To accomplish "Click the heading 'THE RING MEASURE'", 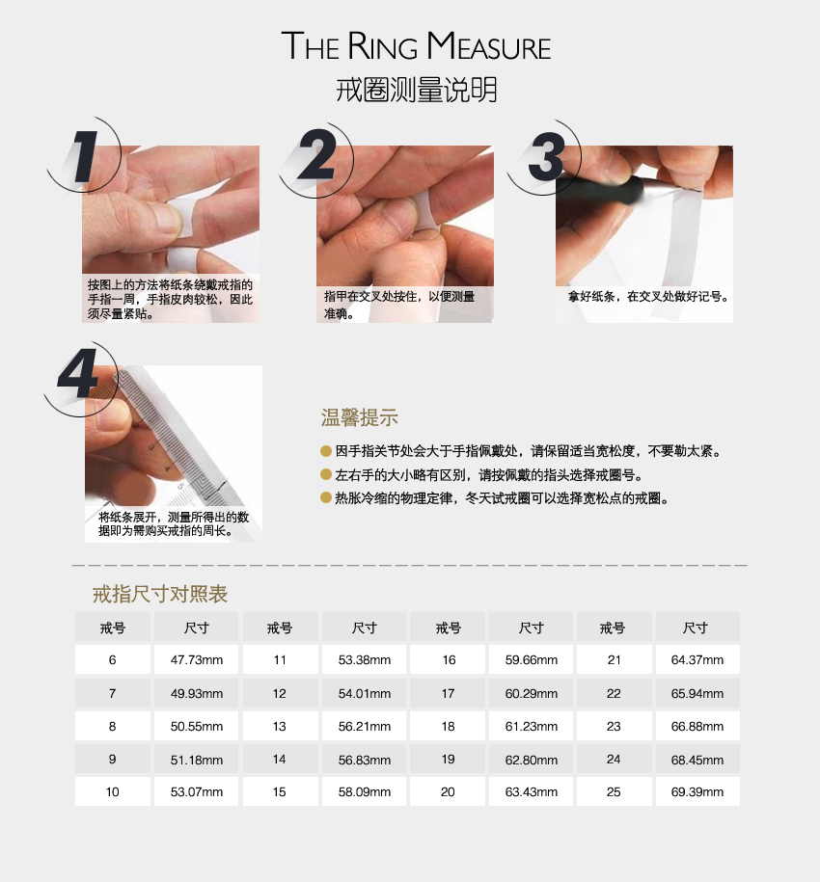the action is (x=416, y=45).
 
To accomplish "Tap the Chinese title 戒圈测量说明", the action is (x=417, y=90).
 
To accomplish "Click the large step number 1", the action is (x=85, y=157).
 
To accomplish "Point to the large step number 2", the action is (x=317, y=154).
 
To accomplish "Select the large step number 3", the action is (x=546, y=157).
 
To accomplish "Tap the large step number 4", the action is (x=78, y=372).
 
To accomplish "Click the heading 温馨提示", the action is (x=360, y=418).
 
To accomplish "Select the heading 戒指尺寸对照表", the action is (x=160, y=594).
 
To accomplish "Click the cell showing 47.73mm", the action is (x=197, y=659).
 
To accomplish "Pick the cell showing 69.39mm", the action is (x=697, y=792).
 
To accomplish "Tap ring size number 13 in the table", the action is (x=280, y=726).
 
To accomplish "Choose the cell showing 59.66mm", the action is (x=532, y=659).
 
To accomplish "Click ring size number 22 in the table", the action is (x=614, y=694).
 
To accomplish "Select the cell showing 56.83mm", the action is (x=364, y=760).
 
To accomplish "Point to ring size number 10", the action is (x=113, y=792).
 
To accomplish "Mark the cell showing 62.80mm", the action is (x=532, y=760).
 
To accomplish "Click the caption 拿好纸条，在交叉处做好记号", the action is (x=648, y=297).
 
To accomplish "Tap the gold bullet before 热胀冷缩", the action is (x=325, y=497).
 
